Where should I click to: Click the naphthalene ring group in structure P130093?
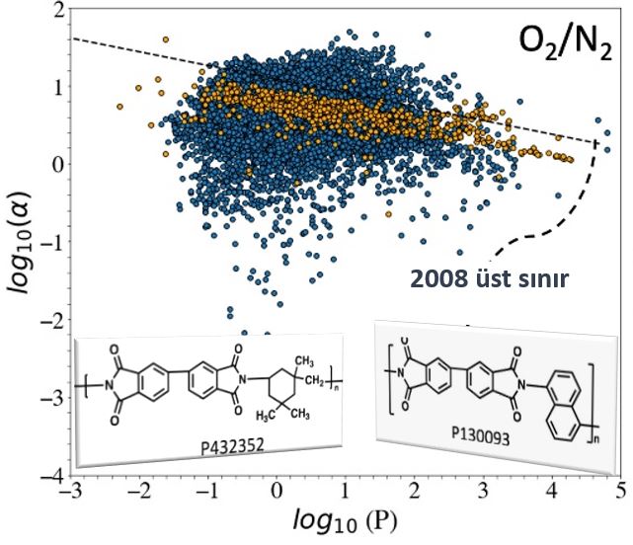tap(563, 411)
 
